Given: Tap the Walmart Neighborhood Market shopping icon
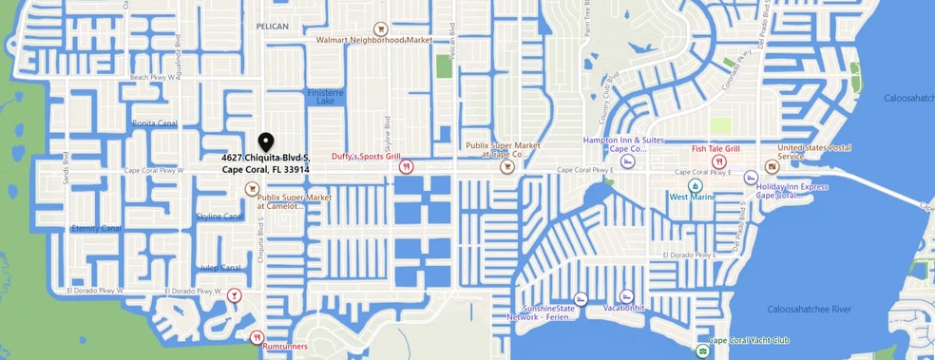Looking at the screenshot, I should [380, 28].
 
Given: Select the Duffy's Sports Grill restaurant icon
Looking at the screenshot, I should [406, 166].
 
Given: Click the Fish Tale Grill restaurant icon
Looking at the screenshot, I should [719, 162].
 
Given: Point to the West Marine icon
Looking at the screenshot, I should [696, 184].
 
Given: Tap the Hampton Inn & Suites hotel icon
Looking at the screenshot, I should [626, 162].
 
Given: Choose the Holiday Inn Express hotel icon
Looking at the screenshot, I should [750, 178].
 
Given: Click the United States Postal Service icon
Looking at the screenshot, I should [772, 165].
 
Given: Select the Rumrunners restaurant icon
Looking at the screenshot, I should [256, 337].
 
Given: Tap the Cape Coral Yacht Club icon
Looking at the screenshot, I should [702, 351].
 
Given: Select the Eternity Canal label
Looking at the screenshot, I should [96, 229].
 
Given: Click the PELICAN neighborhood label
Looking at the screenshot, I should [272, 27].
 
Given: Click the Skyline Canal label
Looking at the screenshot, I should [220, 217].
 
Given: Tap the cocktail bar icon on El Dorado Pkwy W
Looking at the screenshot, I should [234, 295].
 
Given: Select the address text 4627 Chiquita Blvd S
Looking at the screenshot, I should [266, 157].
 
